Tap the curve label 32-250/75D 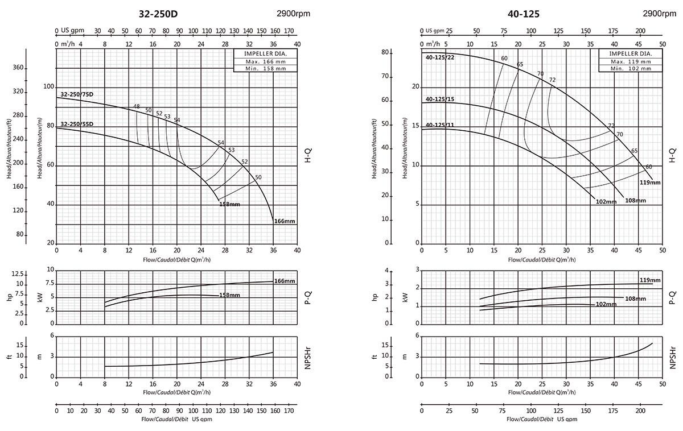point(77,94)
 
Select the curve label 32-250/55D point(77,125)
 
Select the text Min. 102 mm point(630,68)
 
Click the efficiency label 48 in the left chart point(137,107)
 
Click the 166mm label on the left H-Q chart point(284,221)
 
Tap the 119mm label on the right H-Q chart point(650,183)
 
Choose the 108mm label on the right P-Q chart point(636,299)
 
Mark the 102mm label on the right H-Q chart point(607,202)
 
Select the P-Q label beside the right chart point(672,296)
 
